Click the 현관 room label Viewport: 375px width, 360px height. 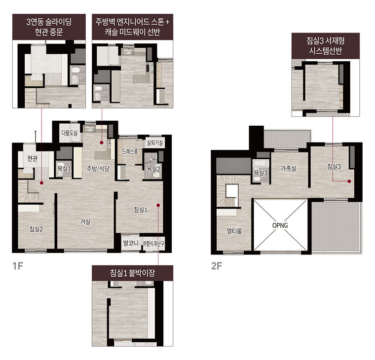coord(32,158)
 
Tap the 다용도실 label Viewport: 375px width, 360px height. coord(70,133)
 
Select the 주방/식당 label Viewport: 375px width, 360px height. coord(98,169)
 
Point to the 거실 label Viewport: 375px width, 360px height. coord(85,221)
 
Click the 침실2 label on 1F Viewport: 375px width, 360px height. coord(36,229)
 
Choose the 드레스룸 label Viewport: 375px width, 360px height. coord(130,151)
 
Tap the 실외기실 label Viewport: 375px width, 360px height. coord(155,143)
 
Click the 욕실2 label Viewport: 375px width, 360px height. coord(153,169)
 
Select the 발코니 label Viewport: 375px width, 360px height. coord(131,243)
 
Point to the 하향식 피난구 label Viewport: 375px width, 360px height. coord(153,244)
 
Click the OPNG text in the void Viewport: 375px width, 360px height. coord(280,225)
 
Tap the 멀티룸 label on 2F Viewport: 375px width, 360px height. coord(234,231)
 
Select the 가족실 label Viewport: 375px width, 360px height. coord(288,168)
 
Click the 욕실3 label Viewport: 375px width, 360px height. coord(261,173)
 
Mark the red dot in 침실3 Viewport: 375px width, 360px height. coord(349,181)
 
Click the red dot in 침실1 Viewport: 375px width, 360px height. coord(158,205)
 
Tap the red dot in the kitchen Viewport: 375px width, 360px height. coord(102,143)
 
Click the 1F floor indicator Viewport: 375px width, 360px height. coord(18,266)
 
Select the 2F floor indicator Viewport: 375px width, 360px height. coord(217,266)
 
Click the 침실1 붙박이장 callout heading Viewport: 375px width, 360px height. coord(133,273)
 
